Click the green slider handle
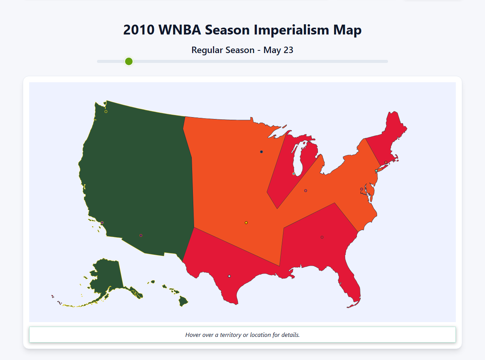pyautogui.click(x=129, y=61)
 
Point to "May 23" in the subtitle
pyautogui.click(x=278, y=50)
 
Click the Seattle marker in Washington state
pyautogui.click(x=106, y=111)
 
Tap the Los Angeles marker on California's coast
pyautogui.click(x=102, y=222)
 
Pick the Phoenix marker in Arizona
pyautogui.click(x=141, y=235)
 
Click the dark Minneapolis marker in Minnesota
pyautogui.click(x=261, y=152)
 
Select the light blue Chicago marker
pyautogui.click(x=294, y=174)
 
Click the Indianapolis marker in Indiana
pyautogui.click(x=305, y=191)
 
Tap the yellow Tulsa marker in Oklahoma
pyautogui.click(x=246, y=222)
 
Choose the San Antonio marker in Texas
pyautogui.click(x=229, y=276)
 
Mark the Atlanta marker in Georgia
pyautogui.click(x=322, y=237)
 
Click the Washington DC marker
pyautogui.click(x=361, y=189)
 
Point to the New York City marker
pyautogui.click(x=376, y=171)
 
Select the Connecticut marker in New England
pyautogui.click(x=386, y=162)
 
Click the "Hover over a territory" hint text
pyautogui.click(x=242, y=335)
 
